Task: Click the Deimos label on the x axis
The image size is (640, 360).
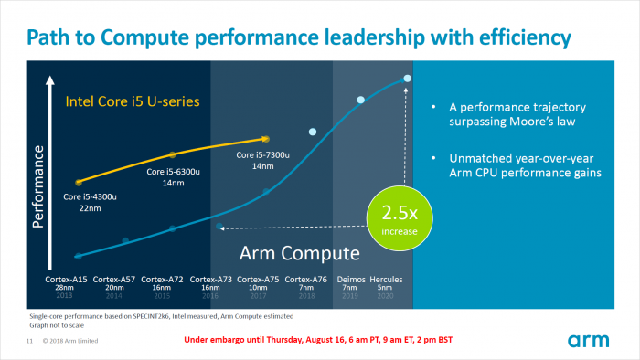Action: [x=350, y=278]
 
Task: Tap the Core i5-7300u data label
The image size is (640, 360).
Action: [x=263, y=160]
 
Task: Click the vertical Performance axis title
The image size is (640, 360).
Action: [x=39, y=192]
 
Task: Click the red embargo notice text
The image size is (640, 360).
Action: [x=313, y=340]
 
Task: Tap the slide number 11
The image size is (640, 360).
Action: [x=29, y=341]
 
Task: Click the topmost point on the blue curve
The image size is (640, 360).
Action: [x=407, y=79]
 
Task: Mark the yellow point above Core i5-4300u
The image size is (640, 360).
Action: [x=79, y=183]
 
